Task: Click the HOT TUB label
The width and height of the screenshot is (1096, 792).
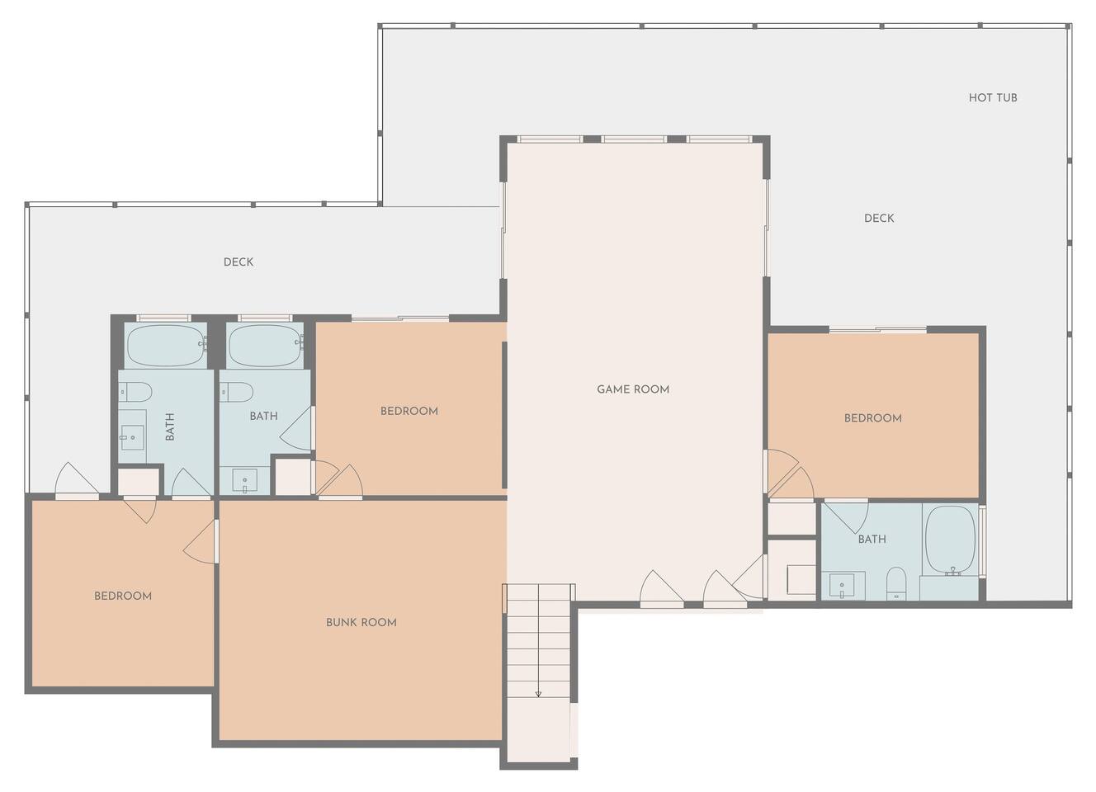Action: pos(993,98)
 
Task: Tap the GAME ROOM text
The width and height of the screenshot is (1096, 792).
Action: pos(633,389)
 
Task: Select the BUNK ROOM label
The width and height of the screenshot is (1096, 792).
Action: pos(361,622)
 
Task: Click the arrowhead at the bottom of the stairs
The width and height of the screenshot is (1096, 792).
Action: pos(538,693)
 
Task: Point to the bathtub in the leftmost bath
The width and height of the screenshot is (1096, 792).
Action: pos(166,345)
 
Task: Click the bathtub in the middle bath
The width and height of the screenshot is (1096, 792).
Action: pos(266,345)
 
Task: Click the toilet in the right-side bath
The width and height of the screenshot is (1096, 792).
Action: pos(896,583)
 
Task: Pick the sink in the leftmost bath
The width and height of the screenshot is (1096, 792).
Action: pos(132,437)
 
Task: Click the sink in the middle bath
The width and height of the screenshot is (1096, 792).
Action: pos(244,481)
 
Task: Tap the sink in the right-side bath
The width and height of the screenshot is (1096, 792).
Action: pos(842,587)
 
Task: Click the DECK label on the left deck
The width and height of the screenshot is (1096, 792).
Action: pos(239,262)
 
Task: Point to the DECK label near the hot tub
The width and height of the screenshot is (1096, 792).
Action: pos(879,218)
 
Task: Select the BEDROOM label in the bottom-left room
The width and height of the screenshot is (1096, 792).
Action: pos(123,596)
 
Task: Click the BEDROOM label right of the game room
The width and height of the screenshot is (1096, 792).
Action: pos(873,418)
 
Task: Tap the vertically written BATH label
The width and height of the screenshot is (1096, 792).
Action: pos(170,427)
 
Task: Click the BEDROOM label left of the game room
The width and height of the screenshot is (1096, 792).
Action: pos(409,411)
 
